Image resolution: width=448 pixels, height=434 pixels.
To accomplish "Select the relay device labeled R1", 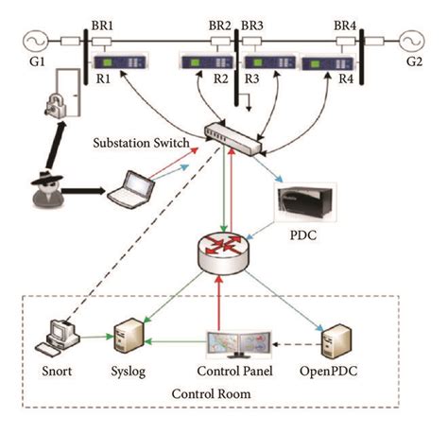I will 117,65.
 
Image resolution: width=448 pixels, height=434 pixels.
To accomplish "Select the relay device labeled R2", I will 206,65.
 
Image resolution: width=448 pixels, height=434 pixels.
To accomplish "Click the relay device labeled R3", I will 267,65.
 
